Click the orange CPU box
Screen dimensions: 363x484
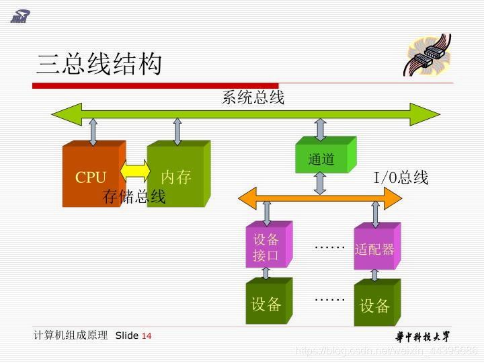click(x=91, y=176)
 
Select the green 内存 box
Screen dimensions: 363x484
click(x=176, y=176)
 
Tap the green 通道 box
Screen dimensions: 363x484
click(x=322, y=159)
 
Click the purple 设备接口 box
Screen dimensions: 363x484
click(x=266, y=247)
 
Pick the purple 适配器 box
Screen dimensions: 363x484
click(x=374, y=249)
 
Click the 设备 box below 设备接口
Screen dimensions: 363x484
click(x=266, y=304)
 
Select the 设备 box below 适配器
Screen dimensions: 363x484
click(x=374, y=306)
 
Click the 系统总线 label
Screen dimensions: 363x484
click(x=253, y=98)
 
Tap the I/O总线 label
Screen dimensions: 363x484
click(x=401, y=177)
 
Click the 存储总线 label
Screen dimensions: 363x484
click(x=134, y=196)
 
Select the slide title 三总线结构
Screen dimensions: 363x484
click(x=99, y=65)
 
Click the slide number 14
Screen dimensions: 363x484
click(x=147, y=336)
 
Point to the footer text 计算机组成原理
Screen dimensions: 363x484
click(x=71, y=335)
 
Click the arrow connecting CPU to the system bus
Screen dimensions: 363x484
click(x=93, y=132)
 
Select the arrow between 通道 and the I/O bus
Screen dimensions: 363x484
click(x=321, y=182)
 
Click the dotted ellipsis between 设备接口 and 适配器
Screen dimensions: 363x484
click(x=329, y=247)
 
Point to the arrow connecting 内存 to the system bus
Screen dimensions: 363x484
click(x=177, y=132)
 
